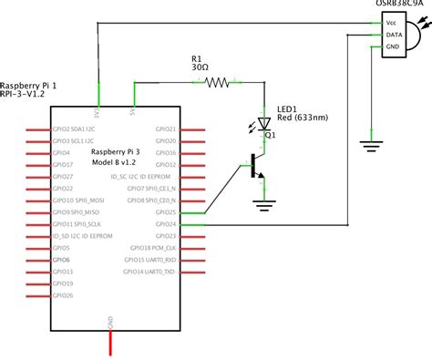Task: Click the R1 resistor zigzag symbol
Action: coord(219,83)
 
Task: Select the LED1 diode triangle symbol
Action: coord(264,122)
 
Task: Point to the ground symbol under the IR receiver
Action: coord(372,143)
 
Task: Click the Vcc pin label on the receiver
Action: coord(391,21)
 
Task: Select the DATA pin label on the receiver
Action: coord(393,34)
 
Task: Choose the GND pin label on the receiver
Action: coord(392,46)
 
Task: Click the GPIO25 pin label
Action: coord(166,211)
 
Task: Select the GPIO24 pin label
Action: coord(166,223)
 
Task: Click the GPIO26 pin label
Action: coord(63,295)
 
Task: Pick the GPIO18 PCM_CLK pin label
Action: coord(152,247)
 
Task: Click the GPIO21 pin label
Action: coord(166,129)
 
